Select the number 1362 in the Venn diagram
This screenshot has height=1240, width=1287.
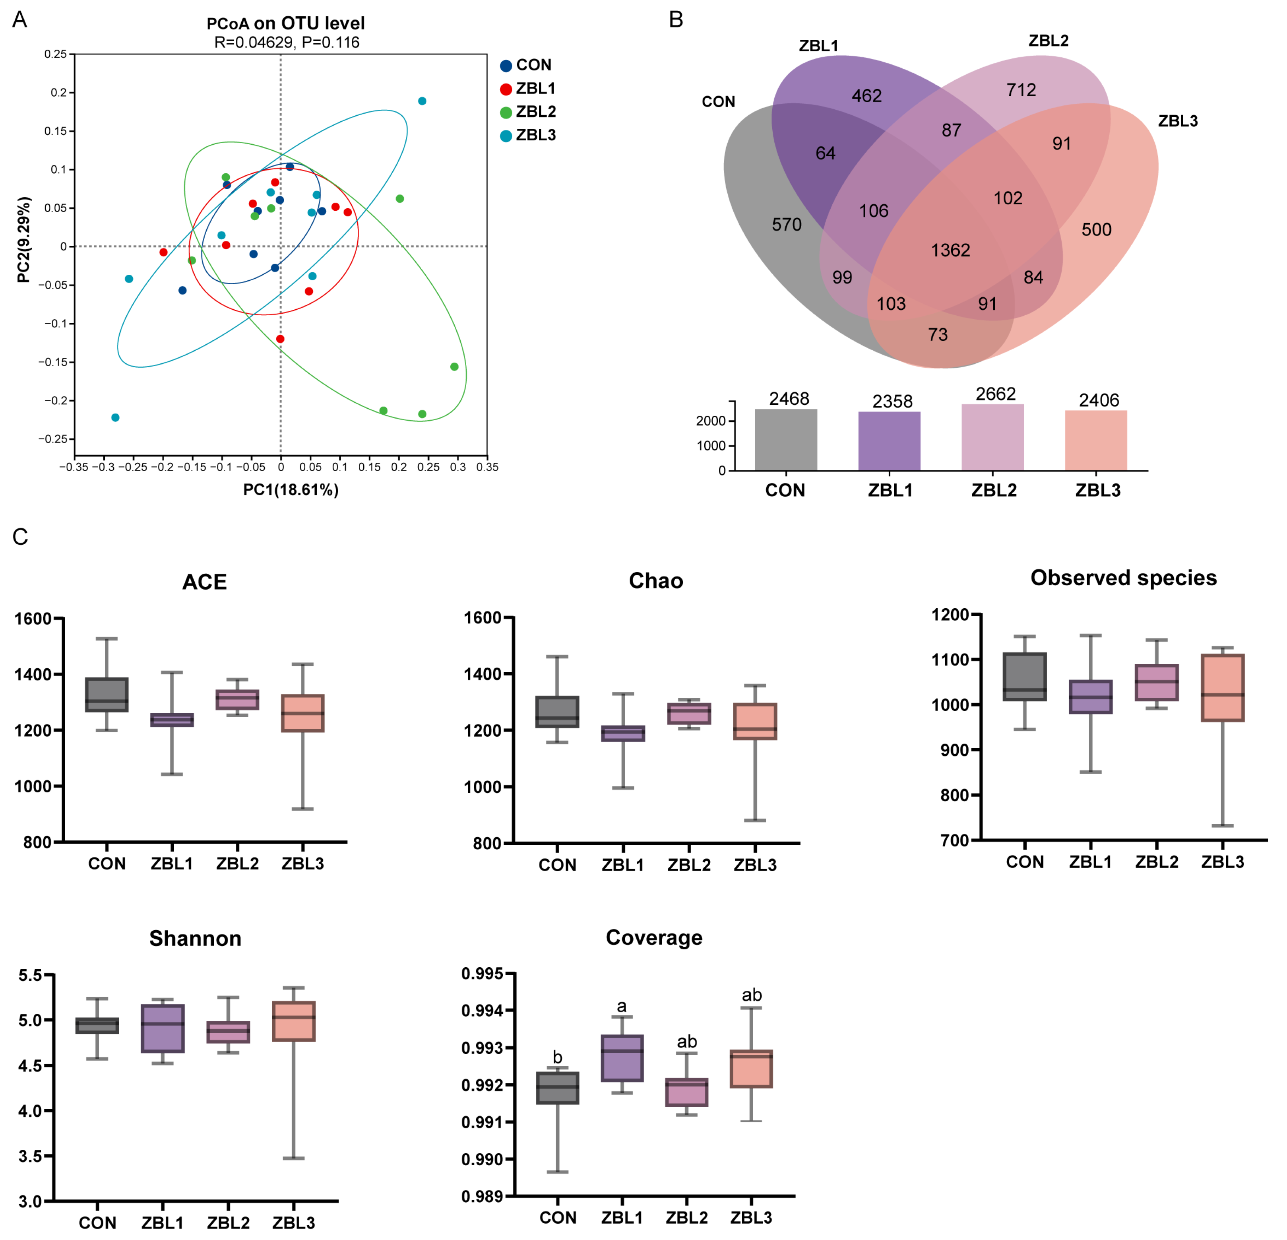(950, 250)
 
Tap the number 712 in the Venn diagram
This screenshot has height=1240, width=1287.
(1021, 90)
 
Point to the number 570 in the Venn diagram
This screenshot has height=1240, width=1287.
(786, 225)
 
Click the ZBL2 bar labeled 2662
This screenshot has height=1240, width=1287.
(992, 437)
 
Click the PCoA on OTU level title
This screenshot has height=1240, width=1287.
(286, 23)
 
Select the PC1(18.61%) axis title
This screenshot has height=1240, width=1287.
(291, 490)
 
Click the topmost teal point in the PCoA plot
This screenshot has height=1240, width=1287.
(422, 101)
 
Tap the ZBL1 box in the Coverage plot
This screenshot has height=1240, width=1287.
(622, 1058)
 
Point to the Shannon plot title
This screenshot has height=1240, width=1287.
(195, 939)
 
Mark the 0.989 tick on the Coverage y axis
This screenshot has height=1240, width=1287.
(482, 1197)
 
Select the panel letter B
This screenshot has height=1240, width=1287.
(676, 20)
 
